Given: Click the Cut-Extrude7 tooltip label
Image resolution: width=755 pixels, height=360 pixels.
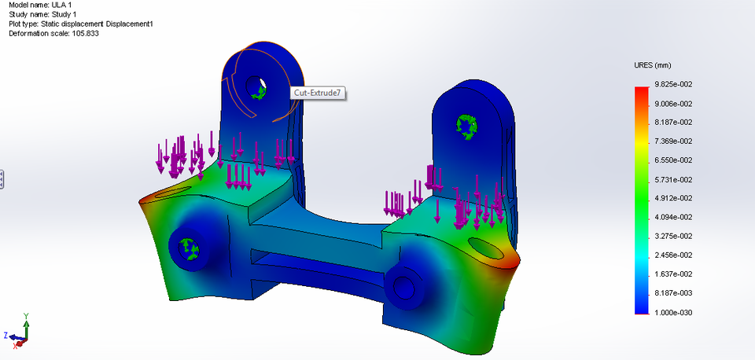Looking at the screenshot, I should pos(319,93).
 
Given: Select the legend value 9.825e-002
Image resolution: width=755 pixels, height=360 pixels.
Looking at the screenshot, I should pos(675,84).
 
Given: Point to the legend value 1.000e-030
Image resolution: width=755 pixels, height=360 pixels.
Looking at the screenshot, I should pos(675,312).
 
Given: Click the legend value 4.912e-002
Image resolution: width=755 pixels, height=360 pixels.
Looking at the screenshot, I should pos(675,198).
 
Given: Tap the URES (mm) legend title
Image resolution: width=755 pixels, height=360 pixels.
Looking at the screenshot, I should pos(652,65).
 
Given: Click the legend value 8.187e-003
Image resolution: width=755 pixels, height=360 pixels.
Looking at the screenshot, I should pos(675,293).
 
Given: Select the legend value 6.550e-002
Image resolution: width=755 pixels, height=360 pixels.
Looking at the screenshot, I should pos(675,160).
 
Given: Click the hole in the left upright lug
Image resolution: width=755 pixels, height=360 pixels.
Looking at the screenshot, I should pos(255,86).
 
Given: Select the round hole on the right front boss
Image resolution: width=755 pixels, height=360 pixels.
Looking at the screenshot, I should pos(403,286).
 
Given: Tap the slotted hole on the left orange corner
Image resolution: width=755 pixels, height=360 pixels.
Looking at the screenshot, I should pos(168,192).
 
